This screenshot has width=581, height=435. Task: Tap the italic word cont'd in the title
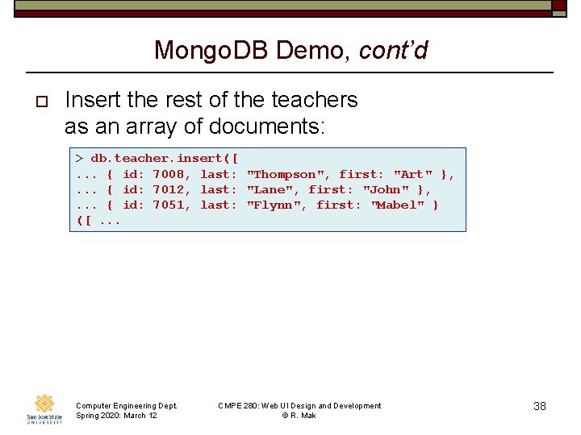393,51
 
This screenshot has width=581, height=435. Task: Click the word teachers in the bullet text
311,100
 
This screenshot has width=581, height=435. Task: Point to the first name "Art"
412,174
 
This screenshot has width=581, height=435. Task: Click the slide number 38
540,406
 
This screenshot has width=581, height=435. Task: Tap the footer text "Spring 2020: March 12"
116,415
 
